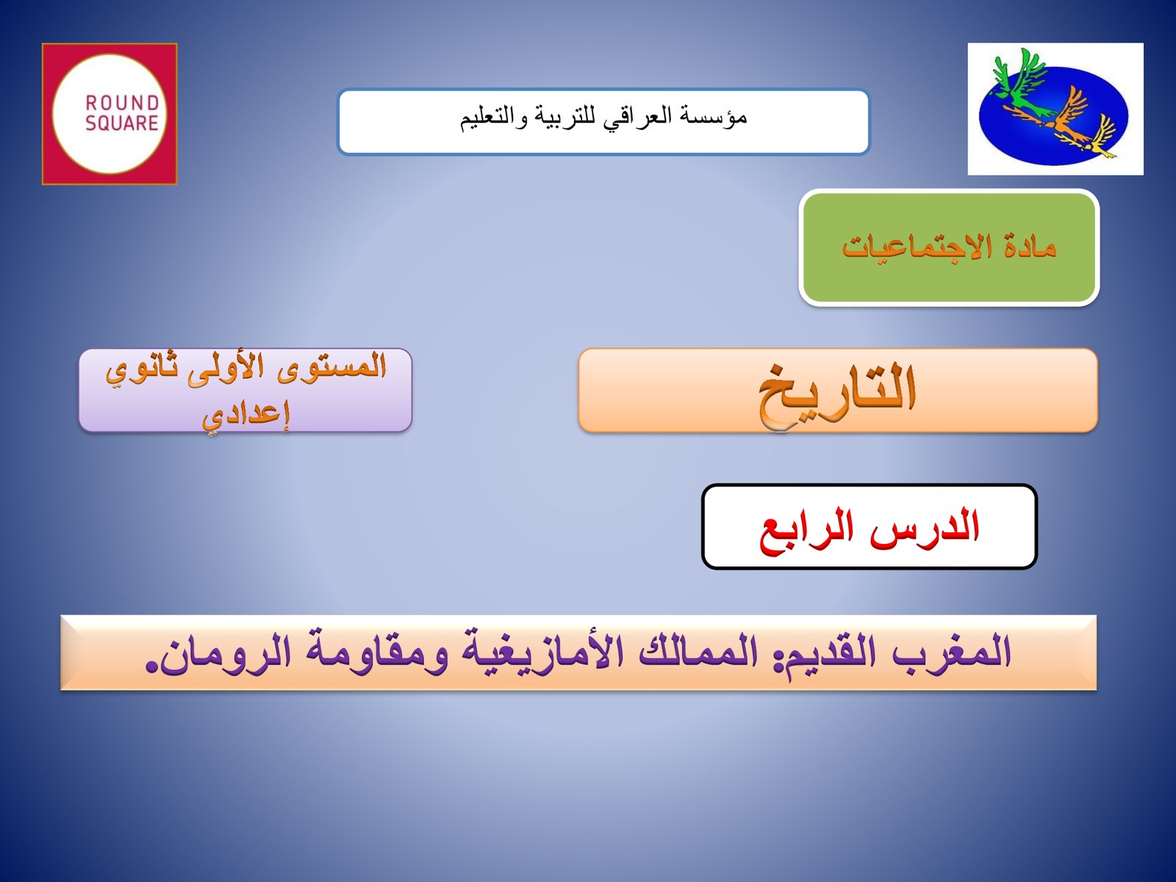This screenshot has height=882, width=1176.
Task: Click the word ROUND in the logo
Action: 122,104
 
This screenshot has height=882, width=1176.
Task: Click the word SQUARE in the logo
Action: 122,123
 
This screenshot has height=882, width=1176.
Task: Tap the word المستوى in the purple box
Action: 332,367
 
